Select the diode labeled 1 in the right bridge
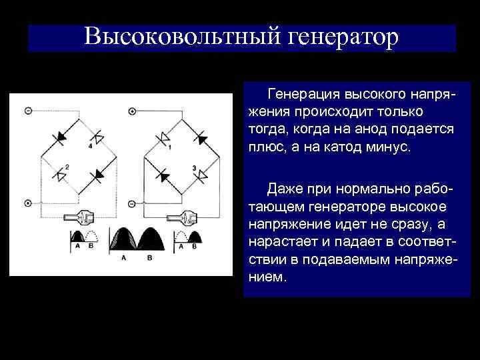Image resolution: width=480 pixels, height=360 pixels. (x=163, y=139)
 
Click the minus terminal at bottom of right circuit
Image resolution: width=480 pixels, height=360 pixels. (x=132, y=203)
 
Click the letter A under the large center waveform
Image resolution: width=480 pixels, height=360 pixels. (x=122, y=257)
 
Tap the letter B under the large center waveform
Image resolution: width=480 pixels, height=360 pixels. (x=149, y=257)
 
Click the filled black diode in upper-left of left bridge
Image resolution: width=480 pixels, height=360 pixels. (x=61, y=137)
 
